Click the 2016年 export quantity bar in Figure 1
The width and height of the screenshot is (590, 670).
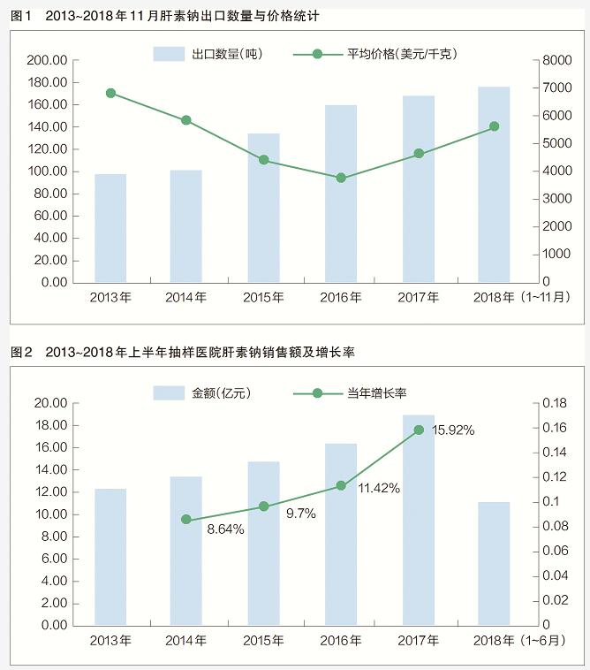pyautogui.click(x=341, y=194)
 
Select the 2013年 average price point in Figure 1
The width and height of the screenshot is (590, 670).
pyautogui.click(x=110, y=93)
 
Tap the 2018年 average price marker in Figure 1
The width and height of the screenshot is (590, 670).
pyautogui.click(x=495, y=126)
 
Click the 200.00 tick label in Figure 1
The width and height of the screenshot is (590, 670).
pyautogui.click(x=47, y=60)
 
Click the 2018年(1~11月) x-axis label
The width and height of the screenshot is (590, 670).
pyautogui.click(x=522, y=298)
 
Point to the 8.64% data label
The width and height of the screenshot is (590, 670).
pyautogui.click(x=225, y=529)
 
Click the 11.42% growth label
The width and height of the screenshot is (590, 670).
pyautogui.click(x=379, y=487)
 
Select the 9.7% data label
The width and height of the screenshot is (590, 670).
pyautogui.click(x=302, y=514)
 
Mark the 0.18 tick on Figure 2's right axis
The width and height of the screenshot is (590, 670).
pyautogui.click(x=554, y=403)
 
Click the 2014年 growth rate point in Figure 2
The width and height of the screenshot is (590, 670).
pyautogui.click(x=186, y=520)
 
